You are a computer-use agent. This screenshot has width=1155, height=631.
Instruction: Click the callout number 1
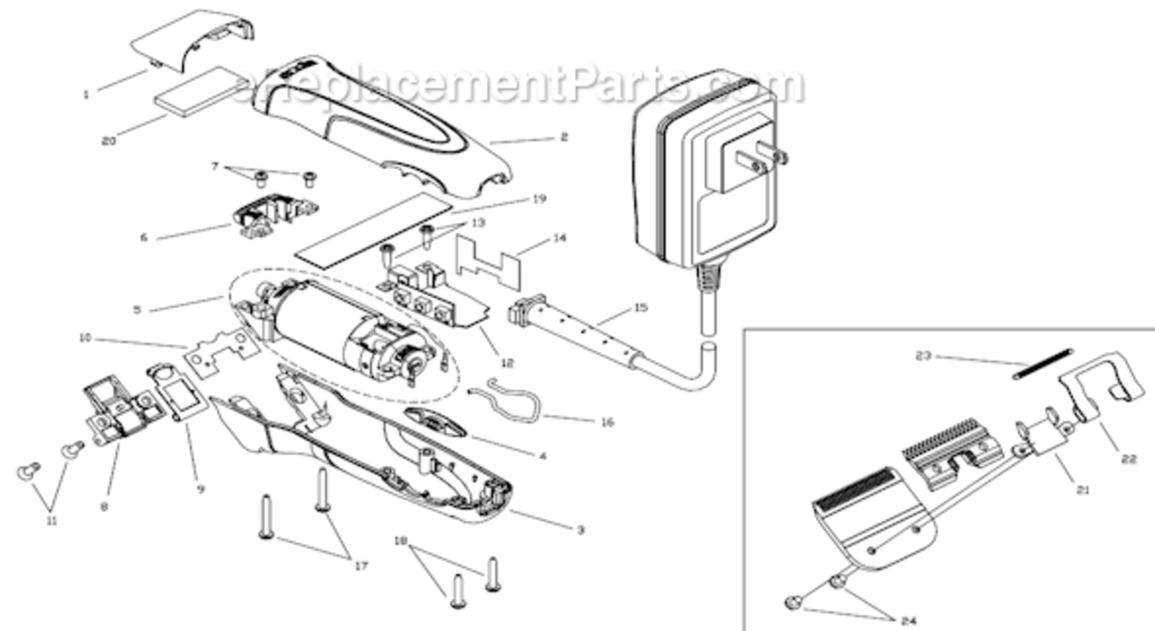(x=86, y=95)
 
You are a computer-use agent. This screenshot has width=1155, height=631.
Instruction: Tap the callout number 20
(x=108, y=141)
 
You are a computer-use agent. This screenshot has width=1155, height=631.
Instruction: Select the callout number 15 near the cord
(x=641, y=308)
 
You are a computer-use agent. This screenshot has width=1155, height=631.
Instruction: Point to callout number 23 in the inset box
(x=924, y=355)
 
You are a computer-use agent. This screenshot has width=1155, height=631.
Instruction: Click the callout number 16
(x=607, y=422)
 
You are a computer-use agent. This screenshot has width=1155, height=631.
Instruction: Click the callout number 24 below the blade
(x=907, y=620)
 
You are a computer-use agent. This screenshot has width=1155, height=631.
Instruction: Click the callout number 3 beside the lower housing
(x=579, y=530)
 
